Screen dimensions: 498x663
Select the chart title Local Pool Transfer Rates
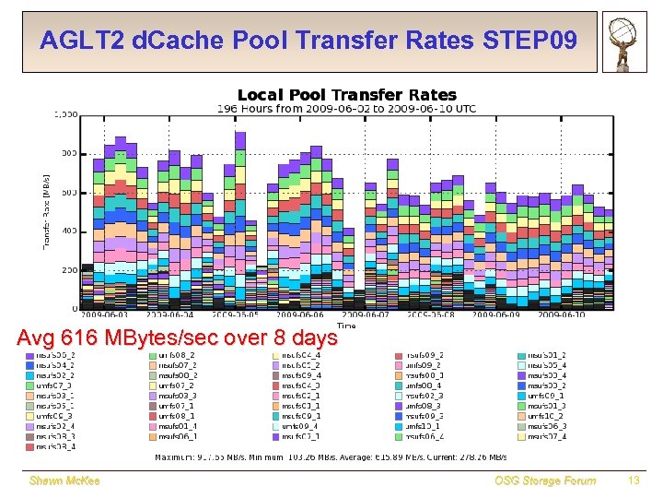pos(347,95)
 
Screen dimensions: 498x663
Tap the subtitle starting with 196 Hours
pos(346,109)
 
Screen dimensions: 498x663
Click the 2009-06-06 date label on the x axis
pos(300,314)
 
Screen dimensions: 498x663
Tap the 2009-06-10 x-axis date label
pos(563,314)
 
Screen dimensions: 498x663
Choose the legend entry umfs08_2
pos(175,354)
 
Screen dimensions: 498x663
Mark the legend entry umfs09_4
pos(299,426)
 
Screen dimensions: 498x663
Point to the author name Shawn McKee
pos(64,480)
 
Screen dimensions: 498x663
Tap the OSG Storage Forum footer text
pos(545,480)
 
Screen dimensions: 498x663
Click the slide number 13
pos(633,480)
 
